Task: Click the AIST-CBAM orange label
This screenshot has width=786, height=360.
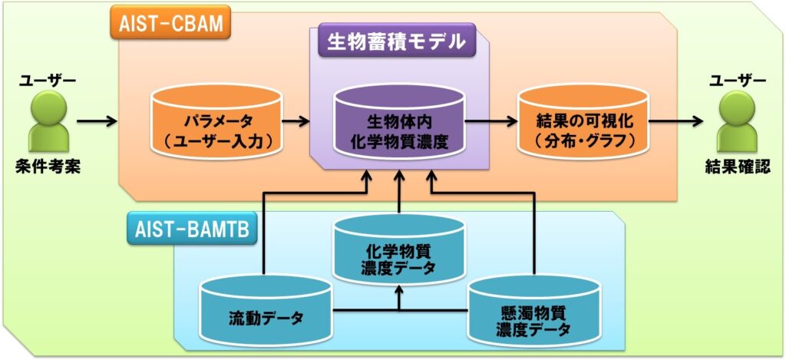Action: tap(171, 23)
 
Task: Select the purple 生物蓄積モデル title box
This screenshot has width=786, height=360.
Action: tap(397, 41)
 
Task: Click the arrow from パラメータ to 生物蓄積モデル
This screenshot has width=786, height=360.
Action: tap(296, 121)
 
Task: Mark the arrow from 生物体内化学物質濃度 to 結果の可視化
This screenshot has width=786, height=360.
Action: tap(491, 121)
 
